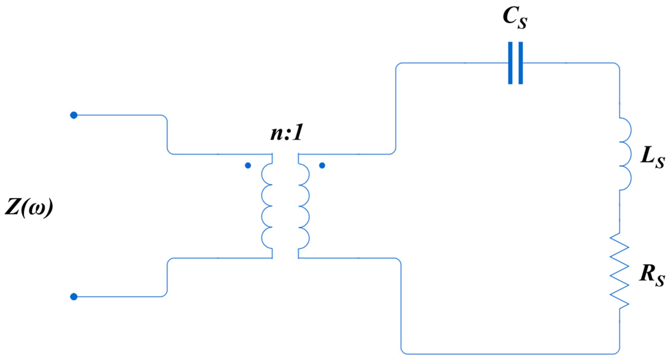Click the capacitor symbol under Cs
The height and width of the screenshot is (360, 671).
(x=515, y=63)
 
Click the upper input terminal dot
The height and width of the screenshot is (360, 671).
(x=74, y=115)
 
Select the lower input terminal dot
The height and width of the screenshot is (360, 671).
(x=74, y=297)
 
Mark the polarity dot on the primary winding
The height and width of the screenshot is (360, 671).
(x=248, y=166)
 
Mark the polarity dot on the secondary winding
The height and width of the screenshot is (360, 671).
(x=322, y=166)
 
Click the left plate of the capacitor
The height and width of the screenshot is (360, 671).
(x=510, y=63)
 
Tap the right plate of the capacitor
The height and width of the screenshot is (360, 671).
(x=520, y=63)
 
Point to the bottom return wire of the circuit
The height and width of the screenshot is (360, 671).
(x=509, y=354)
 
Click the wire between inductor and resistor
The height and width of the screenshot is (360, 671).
(x=619, y=212)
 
